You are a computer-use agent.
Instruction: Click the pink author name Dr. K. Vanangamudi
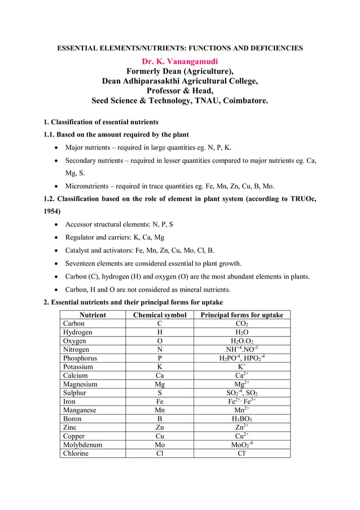point(179,60)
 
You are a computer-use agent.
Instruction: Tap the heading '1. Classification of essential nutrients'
point(101,122)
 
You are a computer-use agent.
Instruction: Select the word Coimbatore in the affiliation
point(245,101)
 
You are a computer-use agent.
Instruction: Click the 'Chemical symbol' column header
point(160,315)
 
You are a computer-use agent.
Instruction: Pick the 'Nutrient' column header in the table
point(93,315)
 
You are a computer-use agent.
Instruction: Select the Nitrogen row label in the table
point(76,350)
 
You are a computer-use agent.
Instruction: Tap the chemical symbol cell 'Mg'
point(160,385)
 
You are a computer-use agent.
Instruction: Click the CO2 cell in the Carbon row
point(242,324)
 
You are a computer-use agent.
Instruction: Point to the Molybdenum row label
point(82,445)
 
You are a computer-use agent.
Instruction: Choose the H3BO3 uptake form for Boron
point(242,419)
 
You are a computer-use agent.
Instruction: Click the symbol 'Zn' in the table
point(160,428)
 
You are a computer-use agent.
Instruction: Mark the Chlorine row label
point(76,454)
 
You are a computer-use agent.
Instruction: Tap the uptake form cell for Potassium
point(242,367)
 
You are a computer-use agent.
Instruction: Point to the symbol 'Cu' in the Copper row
point(160,437)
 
